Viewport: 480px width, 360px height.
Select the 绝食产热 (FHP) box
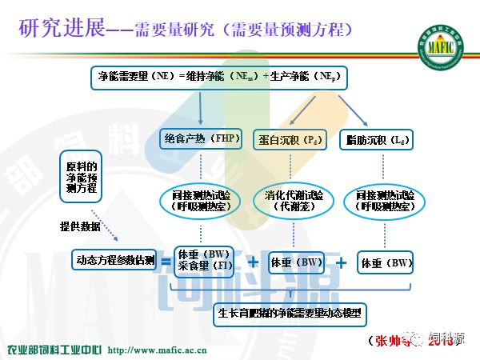pyautogui.click(x=196, y=138)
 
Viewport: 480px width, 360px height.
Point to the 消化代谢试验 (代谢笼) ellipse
pyautogui.click(x=294, y=200)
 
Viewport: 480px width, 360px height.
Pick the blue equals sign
pyautogui.click(x=166, y=260)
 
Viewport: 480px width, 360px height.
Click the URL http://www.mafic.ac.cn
pyautogui.click(x=157, y=350)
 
